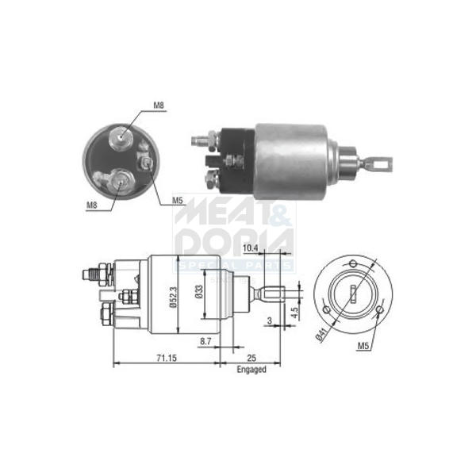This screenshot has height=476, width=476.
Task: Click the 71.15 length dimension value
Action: click(x=167, y=359)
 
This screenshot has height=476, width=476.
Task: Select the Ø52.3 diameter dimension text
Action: click(x=173, y=297)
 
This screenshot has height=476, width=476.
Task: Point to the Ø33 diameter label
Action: click(x=199, y=292)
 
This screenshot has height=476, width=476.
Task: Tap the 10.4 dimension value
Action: click(x=250, y=248)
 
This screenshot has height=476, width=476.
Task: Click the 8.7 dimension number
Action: click(x=205, y=341)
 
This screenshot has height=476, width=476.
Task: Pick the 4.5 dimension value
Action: click(x=294, y=312)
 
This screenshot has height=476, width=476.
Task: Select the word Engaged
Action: click(x=251, y=370)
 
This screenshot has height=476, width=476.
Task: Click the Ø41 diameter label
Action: click(x=321, y=335)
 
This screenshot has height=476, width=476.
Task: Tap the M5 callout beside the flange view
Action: click(x=363, y=346)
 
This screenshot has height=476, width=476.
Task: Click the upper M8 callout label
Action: click(x=159, y=106)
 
